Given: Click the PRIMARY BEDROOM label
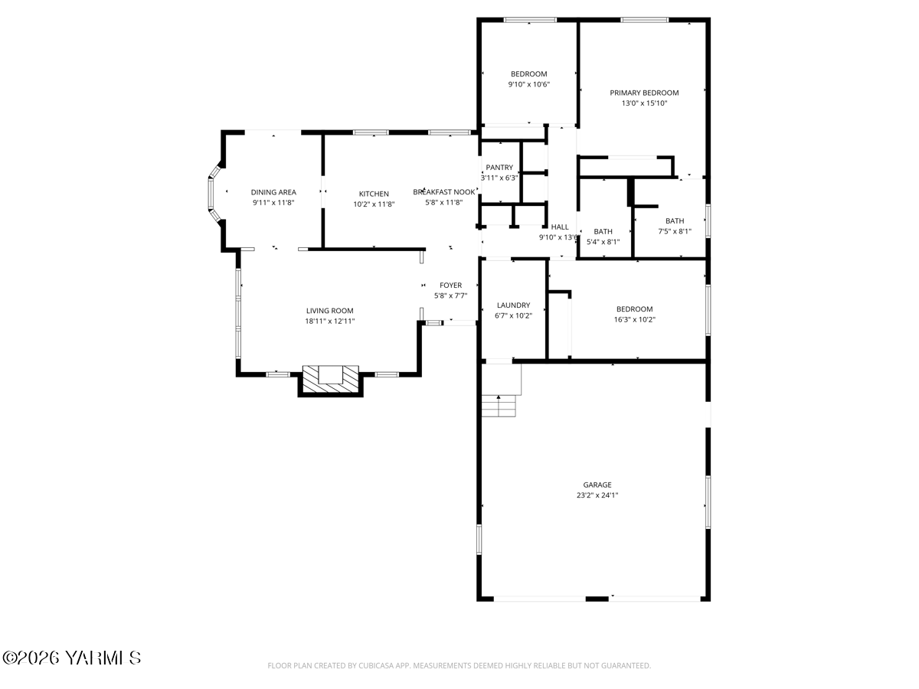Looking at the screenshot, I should tap(644, 93).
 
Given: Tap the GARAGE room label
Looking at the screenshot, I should tap(597, 485).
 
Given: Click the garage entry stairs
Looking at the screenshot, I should tap(499, 406).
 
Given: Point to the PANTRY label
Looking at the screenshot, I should tap(499, 168).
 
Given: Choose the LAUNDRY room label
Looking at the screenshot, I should tap(513, 305).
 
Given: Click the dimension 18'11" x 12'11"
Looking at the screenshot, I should tap(330, 322).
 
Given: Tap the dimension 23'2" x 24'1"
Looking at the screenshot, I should tap(597, 495).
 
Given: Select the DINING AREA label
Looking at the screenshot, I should tap(273, 193).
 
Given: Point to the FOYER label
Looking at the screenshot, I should tap(450, 286).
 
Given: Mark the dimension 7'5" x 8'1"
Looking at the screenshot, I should tap(675, 231).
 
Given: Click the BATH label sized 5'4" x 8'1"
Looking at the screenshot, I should tap(603, 232).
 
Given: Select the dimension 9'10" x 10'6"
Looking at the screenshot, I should tap(529, 85).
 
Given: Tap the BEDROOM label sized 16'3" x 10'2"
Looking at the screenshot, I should tap(634, 309).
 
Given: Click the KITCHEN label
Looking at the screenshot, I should tap(374, 194).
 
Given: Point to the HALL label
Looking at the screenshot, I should tap(560, 227).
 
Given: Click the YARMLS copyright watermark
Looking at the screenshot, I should tap(72, 658).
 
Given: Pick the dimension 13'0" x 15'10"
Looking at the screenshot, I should tap(644, 103).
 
